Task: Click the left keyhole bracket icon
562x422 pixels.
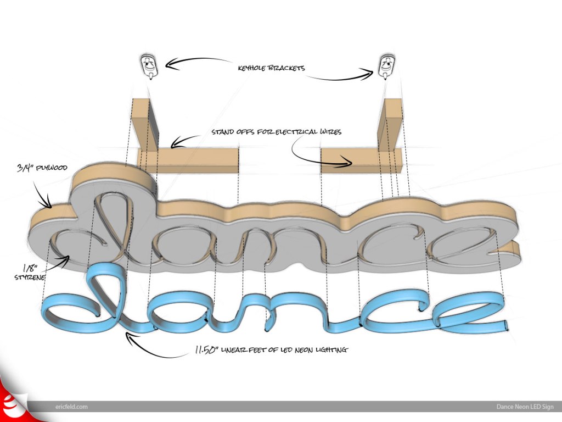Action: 148,66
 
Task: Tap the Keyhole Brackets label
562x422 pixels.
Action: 271,69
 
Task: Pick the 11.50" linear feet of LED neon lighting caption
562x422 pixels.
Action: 271,349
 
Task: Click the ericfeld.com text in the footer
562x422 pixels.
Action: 71,407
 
